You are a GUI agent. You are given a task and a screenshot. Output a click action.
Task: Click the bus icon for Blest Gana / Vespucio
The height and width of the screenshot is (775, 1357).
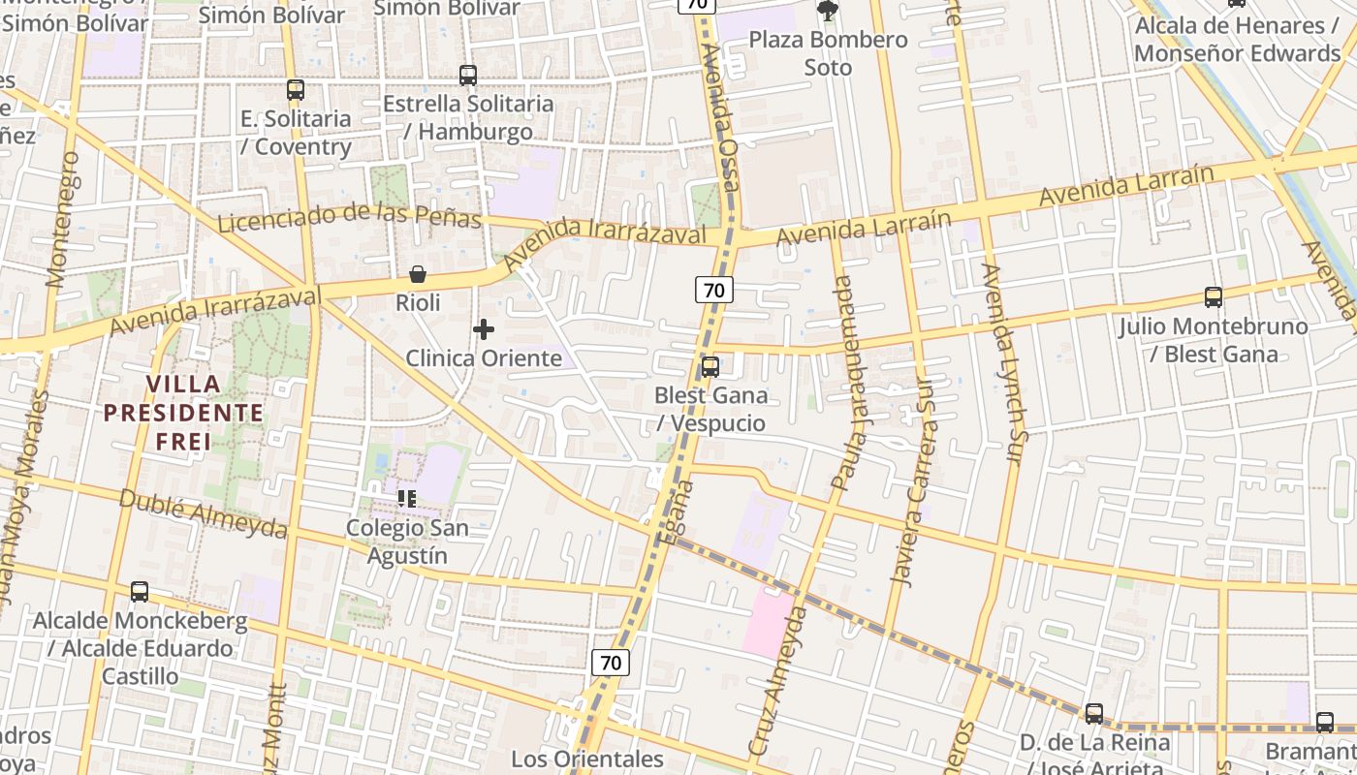click(710, 367)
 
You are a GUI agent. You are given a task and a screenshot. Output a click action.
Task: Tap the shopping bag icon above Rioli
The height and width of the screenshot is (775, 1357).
click(418, 275)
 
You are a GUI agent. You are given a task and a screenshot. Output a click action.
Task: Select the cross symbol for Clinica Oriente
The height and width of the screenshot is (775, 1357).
click(484, 329)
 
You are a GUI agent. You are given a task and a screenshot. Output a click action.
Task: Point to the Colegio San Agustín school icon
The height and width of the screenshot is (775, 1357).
click(407, 499)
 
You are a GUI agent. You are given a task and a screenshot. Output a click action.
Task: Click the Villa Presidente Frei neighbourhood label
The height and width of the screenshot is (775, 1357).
click(183, 414)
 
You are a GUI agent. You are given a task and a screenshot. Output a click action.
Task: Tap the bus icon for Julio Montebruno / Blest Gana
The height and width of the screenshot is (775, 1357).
click(1213, 297)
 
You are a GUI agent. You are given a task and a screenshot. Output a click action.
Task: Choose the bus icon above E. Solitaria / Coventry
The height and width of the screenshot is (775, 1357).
click(296, 90)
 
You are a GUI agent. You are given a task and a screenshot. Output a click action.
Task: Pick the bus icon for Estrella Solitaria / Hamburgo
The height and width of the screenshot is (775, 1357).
click(468, 76)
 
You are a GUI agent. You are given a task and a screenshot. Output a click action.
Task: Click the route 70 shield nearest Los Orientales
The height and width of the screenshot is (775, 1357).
click(611, 663)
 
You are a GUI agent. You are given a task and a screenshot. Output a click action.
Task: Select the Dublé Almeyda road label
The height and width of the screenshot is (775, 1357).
click(204, 513)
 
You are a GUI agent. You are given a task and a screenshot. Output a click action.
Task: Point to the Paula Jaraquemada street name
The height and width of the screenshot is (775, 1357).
click(846, 383)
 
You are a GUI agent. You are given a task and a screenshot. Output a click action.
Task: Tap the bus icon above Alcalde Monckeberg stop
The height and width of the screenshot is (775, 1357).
click(140, 592)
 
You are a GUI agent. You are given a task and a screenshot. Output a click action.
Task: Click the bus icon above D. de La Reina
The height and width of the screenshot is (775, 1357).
click(1094, 714)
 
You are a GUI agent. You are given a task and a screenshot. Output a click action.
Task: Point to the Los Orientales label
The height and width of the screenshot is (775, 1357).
click(587, 759)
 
